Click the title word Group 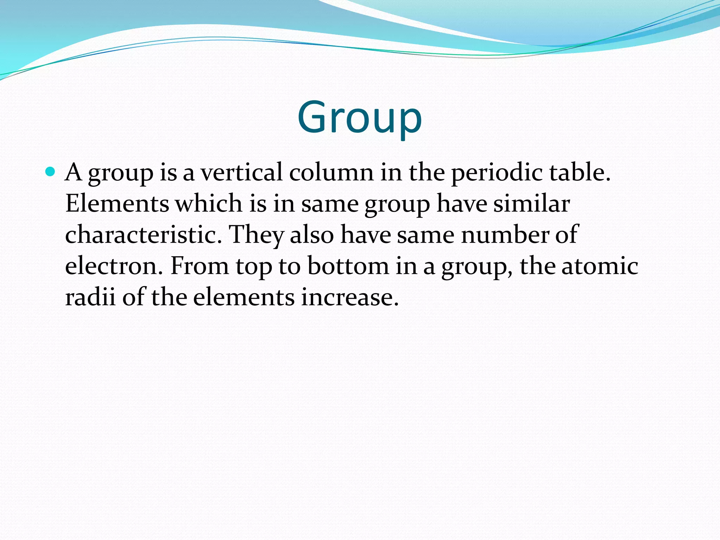[359, 117]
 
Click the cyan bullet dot [51, 172]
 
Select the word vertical [241, 172]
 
